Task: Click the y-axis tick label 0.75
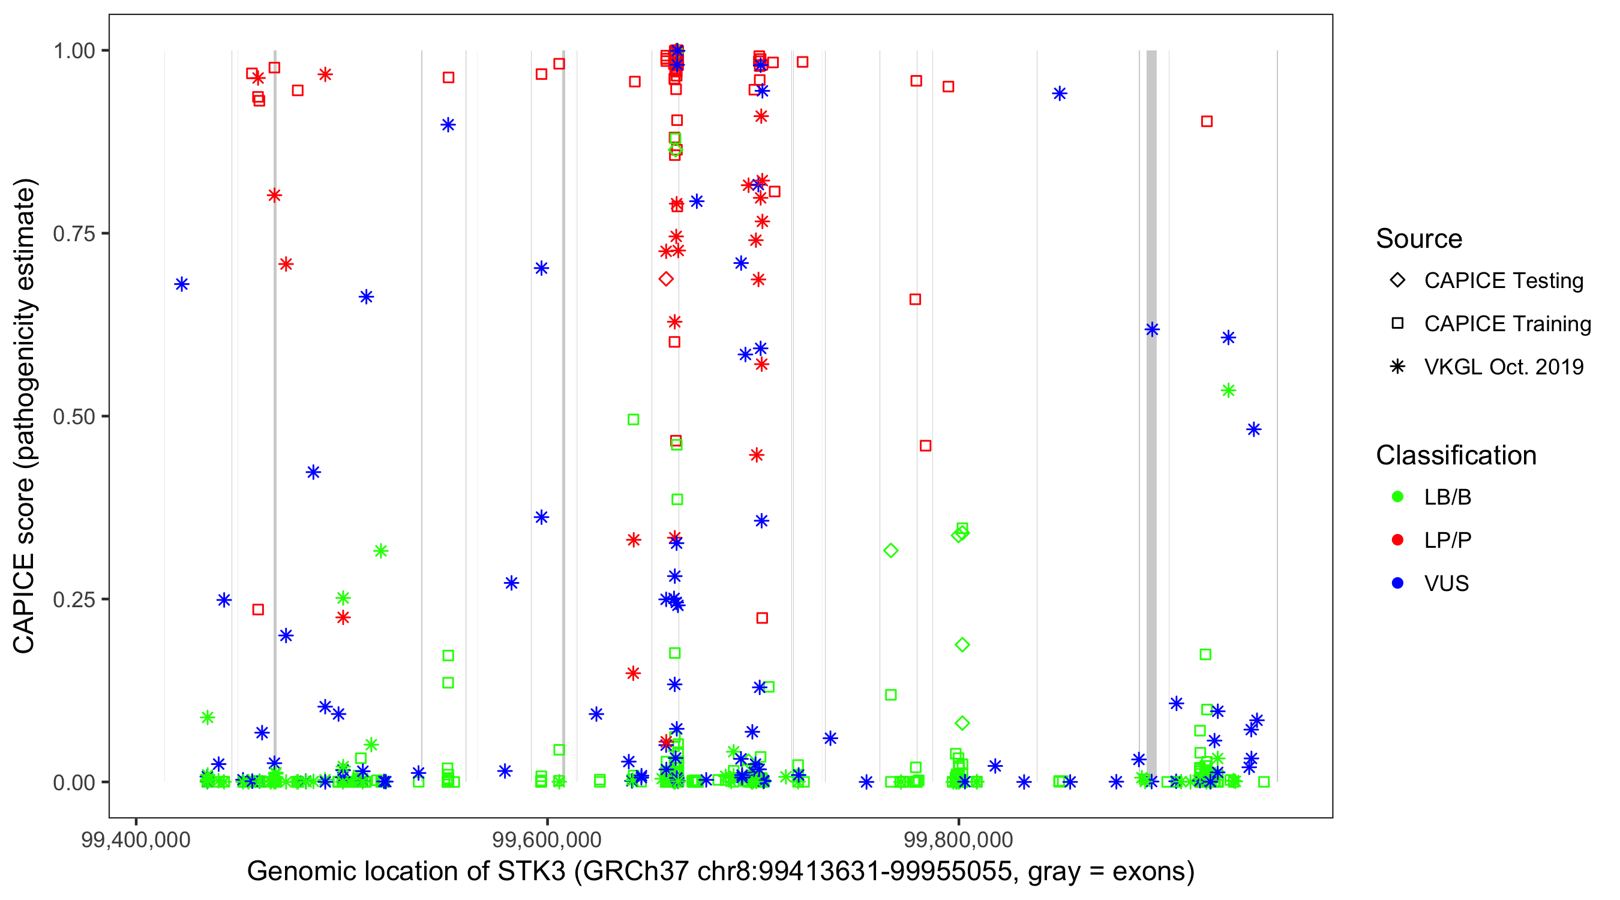pos(73,234)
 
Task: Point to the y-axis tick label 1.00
pos(73,51)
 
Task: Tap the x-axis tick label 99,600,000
pos(547,840)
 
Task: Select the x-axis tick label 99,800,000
pos(958,840)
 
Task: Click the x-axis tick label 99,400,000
pos(135,840)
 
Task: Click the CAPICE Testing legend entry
pos(1503,281)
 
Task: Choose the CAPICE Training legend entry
pos(1507,324)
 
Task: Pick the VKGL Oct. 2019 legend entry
pos(1503,367)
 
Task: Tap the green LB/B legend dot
pos(1397,497)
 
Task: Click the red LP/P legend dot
pos(1397,540)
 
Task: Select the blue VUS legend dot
pos(1397,584)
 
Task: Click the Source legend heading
pos(1419,239)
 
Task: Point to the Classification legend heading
pos(1456,455)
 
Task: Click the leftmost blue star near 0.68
pos(182,284)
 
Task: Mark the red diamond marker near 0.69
pos(666,279)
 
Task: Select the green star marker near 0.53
pos(1228,391)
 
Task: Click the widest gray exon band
pos(1151,415)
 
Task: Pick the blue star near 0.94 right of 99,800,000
pos(1060,94)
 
